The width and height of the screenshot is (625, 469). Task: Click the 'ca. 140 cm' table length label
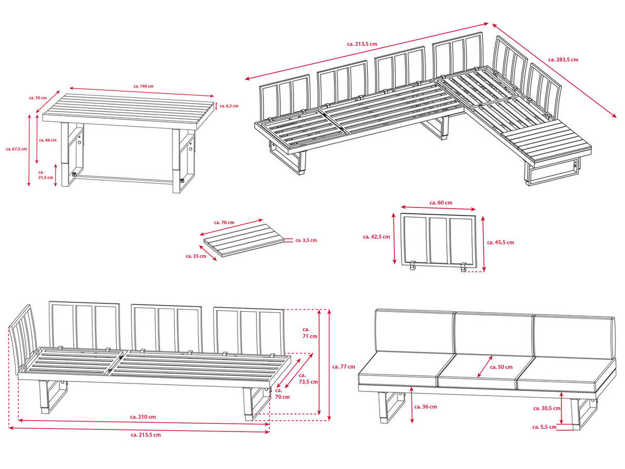click(x=143, y=86)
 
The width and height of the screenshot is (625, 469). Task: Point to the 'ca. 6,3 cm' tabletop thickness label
click(x=229, y=106)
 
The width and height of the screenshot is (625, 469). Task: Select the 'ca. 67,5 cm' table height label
click(x=16, y=148)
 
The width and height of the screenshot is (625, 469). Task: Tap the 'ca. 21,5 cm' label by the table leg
click(x=45, y=174)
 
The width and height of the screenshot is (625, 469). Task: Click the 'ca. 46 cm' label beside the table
click(x=47, y=140)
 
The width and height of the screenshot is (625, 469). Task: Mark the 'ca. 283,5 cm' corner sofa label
click(x=563, y=60)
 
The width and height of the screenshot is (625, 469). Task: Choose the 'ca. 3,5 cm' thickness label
click(x=306, y=240)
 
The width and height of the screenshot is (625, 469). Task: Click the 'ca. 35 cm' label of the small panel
click(x=196, y=256)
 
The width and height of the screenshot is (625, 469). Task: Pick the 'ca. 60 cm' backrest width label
click(x=441, y=202)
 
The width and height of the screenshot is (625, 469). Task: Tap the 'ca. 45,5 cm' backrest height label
click(x=500, y=242)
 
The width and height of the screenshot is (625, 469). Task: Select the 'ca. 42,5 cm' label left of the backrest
click(x=376, y=236)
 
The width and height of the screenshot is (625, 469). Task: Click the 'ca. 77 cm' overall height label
click(x=344, y=366)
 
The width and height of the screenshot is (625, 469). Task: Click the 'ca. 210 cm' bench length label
click(x=143, y=417)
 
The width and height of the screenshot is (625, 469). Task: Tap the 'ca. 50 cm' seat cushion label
click(x=502, y=367)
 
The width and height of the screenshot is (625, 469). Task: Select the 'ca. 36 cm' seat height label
click(x=424, y=407)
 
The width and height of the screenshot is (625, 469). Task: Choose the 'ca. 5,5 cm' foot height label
click(x=544, y=427)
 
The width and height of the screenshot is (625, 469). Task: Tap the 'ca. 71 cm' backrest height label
click(x=309, y=333)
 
